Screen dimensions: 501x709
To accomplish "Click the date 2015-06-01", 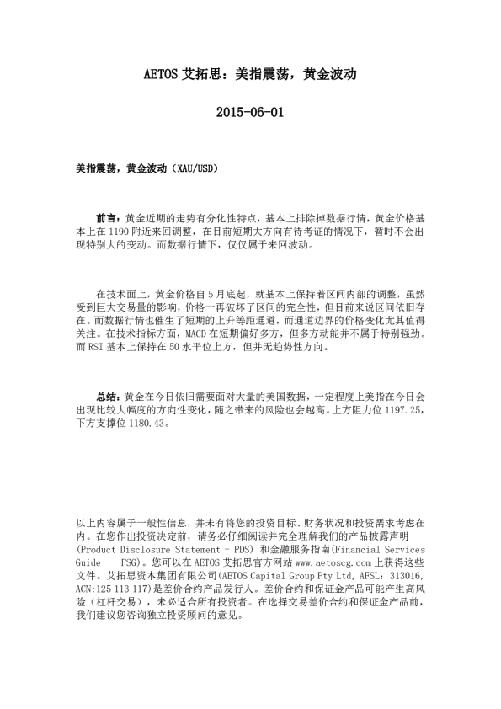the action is pos(250,112).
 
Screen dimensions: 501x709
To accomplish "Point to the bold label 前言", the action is pos(109,217).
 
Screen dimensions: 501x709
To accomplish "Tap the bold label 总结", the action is pos(109,395).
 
